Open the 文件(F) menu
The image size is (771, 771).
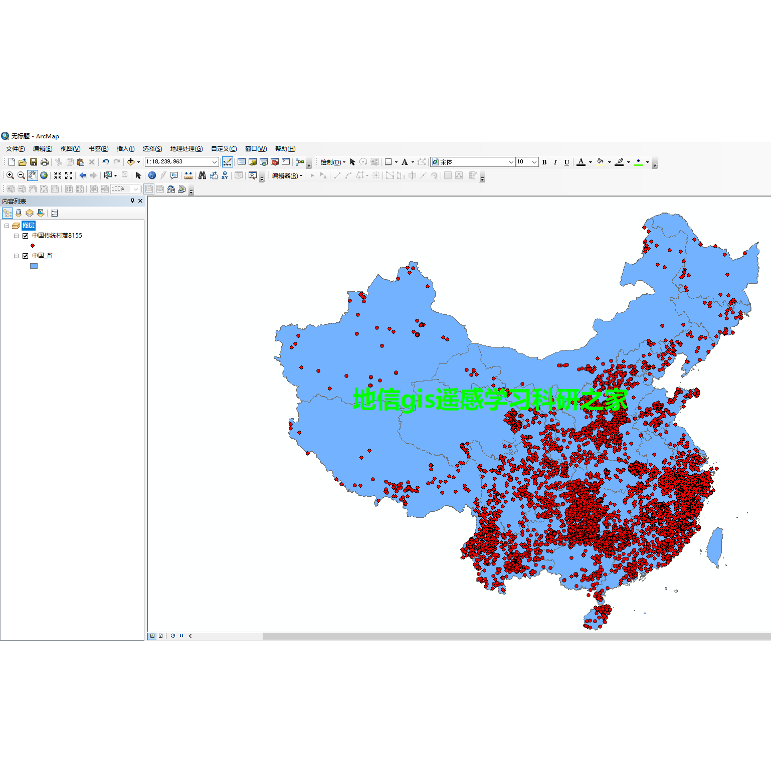[15, 149]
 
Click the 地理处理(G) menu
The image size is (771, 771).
[186, 149]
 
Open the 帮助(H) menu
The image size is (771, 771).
[285, 149]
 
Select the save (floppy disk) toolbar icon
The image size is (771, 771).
[34, 162]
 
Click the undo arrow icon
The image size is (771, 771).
[105, 162]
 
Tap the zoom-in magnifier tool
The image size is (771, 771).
[10, 175]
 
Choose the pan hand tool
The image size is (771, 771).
[33, 175]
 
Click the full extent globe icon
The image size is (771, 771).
[44, 175]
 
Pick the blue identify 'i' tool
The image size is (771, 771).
[152, 175]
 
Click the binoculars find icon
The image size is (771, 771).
[202, 175]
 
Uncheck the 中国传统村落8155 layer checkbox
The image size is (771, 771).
[25, 236]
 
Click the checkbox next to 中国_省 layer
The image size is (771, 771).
[25, 256]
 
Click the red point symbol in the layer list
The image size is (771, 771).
[33, 246]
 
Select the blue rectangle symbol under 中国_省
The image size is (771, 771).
[34, 266]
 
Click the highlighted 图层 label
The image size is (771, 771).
[29, 226]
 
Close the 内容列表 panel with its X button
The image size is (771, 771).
[140, 201]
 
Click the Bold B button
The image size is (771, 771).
[544, 162]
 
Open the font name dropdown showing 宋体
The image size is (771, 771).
[511, 162]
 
